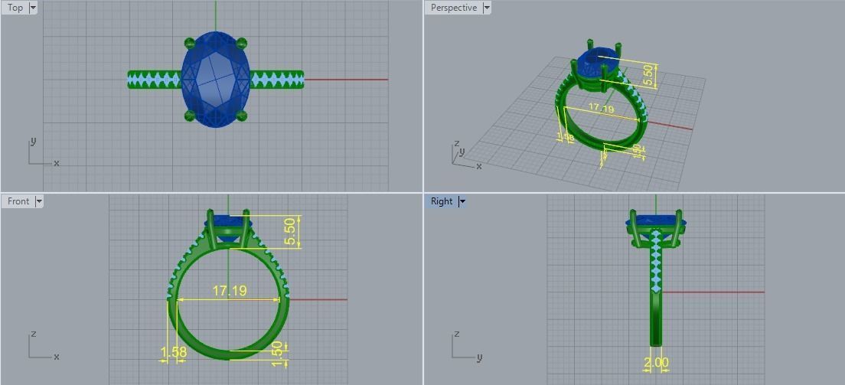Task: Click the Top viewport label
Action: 15,8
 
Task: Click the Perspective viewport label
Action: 453,8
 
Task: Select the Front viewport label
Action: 18,201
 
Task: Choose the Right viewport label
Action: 441,201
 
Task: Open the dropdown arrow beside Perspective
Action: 487,8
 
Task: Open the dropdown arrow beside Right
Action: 462,201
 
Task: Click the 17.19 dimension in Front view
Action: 230,292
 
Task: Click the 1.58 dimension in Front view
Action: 174,353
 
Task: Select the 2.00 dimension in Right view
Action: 656,363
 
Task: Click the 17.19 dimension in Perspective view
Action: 601,109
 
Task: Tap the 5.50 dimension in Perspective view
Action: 649,74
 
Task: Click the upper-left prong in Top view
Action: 189,42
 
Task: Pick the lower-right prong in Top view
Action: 243,116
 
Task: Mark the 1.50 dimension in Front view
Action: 277,354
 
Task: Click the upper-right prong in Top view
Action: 243,42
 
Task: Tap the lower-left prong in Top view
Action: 189,116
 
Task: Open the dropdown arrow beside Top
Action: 33,8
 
